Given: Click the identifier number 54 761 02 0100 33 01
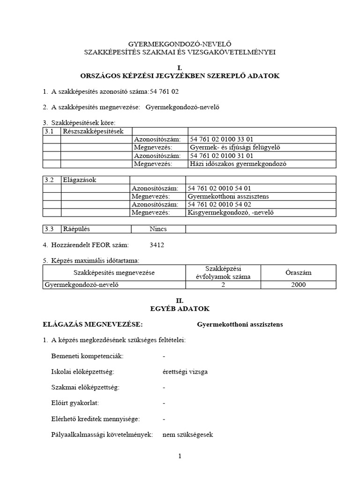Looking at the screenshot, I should click(x=222, y=139).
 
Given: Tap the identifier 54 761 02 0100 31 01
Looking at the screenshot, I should click(x=222, y=156).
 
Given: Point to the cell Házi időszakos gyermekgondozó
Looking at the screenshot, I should click(x=238, y=164).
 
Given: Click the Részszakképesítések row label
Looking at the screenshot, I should click(x=90, y=131).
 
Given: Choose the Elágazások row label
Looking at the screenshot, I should click(x=80, y=180).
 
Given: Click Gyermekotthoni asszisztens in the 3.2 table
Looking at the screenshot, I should click(x=228, y=196).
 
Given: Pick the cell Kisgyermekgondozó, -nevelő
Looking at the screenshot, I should click(x=230, y=212).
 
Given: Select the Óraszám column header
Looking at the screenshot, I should click(x=298, y=272).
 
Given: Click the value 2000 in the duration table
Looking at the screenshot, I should click(x=298, y=285).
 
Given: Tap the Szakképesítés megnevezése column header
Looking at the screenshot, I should click(x=114, y=272).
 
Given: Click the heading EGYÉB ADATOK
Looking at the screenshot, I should click(x=180, y=309).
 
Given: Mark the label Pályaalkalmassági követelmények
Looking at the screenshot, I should click(x=102, y=435).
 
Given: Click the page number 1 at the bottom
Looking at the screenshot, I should click(x=180, y=457).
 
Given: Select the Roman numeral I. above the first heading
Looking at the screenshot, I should click(x=180, y=68).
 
